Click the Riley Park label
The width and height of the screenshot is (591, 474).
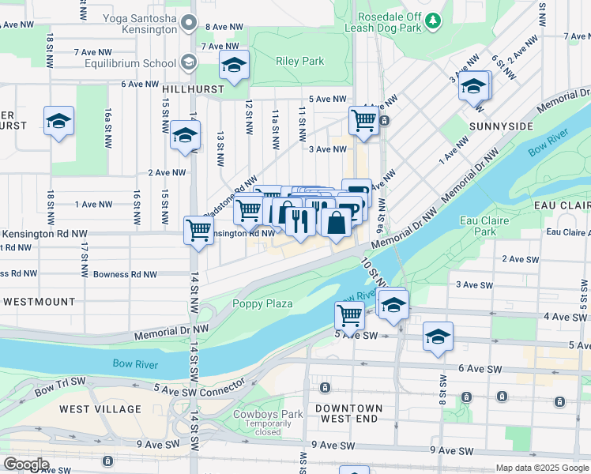click(299, 61)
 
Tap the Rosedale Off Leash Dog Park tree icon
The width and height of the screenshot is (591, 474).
click(432, 20)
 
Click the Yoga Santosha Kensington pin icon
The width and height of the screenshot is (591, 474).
click(188, 23)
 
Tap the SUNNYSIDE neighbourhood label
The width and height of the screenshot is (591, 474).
click(500, 126)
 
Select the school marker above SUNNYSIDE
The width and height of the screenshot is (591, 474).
click(474, 86)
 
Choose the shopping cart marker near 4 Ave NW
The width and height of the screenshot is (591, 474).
click(363, 121)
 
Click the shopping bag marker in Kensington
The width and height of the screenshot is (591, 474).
click(337, 222)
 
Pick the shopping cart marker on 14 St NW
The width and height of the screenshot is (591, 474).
click(198, 231)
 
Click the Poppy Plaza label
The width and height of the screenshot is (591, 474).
click(262, 303)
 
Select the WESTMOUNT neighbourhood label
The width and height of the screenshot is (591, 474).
click(39, 302)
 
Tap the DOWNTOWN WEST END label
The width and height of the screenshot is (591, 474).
click(348, 413)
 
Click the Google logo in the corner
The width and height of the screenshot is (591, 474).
click(27, 465)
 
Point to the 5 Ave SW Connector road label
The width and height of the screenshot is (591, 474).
click(200, 389)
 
